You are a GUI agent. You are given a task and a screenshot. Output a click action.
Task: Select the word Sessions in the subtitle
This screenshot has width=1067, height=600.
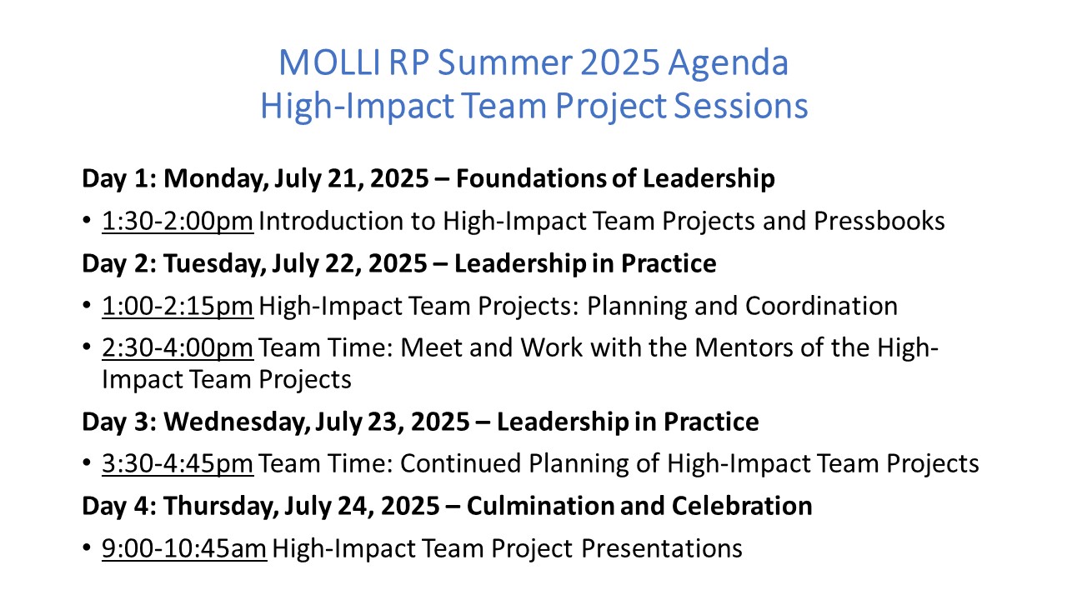click(x=741, y=105)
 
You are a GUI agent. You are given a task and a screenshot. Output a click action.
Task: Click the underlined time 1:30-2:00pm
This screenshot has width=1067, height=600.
click(x=178, y=222)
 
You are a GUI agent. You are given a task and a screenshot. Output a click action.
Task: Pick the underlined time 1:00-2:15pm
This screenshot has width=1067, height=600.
click(x=178, y=306)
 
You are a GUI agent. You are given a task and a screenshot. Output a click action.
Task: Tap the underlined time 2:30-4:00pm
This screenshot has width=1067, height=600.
click(x=178, y=347)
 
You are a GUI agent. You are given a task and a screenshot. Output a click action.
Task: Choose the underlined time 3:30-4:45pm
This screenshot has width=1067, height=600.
click(x=178, y=463)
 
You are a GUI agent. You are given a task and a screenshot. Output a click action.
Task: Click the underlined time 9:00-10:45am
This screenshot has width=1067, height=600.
click(x=184, y=548)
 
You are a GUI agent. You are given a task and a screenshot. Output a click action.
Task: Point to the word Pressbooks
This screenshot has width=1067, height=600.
click(x=879, y=221)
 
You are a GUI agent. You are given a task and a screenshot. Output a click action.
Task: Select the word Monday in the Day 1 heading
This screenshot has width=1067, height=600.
click(x=216, y=179)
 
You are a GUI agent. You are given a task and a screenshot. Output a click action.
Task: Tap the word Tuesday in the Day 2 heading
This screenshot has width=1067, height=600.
click(x=215, y=264)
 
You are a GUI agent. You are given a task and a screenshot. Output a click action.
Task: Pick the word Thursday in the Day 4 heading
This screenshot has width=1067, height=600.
click(x=221, y=507)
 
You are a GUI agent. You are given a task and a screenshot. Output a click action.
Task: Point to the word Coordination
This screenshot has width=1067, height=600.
click(x=821, y=306)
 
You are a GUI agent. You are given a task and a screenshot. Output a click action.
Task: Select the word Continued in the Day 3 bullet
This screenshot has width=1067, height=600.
click(x=460, y=463)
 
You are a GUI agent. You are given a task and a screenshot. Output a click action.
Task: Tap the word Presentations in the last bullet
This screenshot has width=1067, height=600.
click(x=662, y=548)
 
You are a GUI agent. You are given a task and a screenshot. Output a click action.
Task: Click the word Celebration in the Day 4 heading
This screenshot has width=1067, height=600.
click(x=742, y=506)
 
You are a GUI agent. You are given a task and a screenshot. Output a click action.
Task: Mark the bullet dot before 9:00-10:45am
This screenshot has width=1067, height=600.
click(x=87, y=547)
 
